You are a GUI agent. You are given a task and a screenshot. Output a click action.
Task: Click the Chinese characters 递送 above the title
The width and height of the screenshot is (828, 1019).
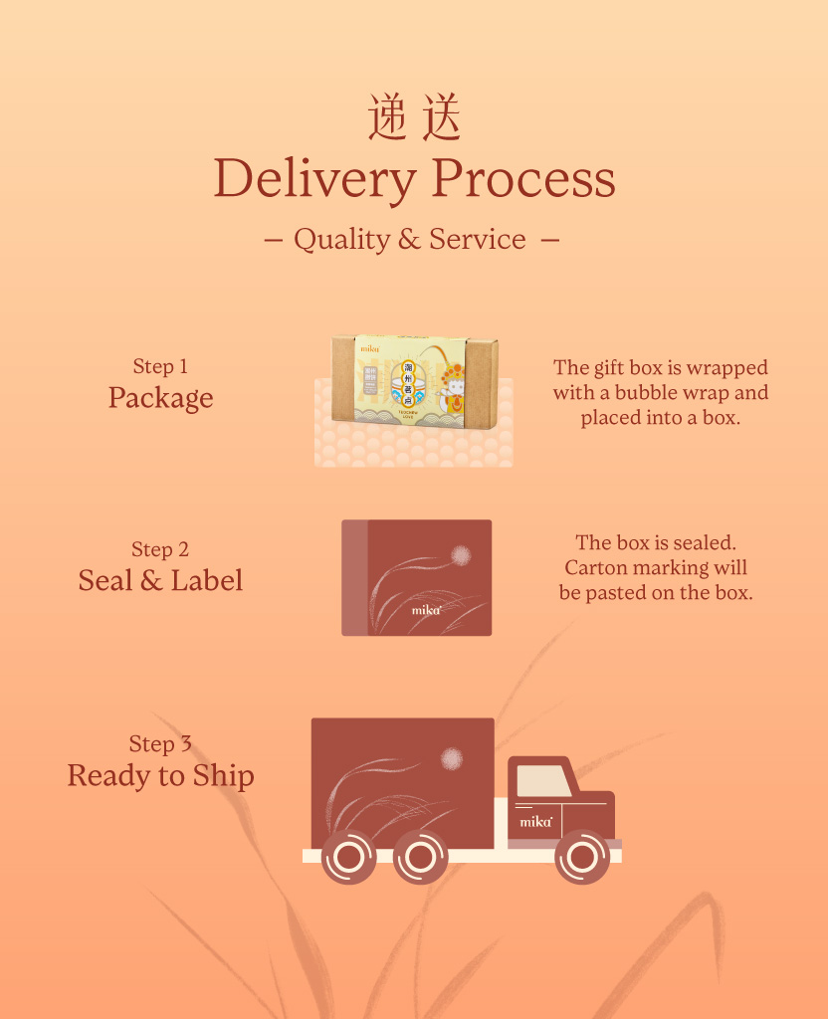pos(414,117)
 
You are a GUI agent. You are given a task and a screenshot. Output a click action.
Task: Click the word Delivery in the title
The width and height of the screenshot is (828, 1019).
pos(314,179)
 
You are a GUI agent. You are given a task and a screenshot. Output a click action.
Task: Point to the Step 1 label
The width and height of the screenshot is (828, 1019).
pos(160,367)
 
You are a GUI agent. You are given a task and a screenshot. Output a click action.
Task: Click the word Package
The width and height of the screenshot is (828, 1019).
pos(160,398)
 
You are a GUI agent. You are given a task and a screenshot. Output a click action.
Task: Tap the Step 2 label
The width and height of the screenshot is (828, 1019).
pos(160,549)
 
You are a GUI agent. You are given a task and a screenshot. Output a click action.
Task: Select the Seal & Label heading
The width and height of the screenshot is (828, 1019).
pos(160,581)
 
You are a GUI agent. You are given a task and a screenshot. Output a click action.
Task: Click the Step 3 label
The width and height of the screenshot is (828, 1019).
pos(160,744)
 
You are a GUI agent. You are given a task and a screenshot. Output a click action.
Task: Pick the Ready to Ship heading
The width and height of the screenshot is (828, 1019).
pos(160,776)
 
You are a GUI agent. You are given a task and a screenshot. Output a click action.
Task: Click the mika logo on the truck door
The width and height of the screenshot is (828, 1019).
pos(535,822)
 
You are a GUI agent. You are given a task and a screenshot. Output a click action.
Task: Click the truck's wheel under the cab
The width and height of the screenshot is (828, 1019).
pos(582,857)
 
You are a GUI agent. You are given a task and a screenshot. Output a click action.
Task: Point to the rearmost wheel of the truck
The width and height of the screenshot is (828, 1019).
pos(349,857)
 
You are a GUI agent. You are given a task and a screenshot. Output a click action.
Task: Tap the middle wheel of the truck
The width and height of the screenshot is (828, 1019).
pos(420,857)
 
